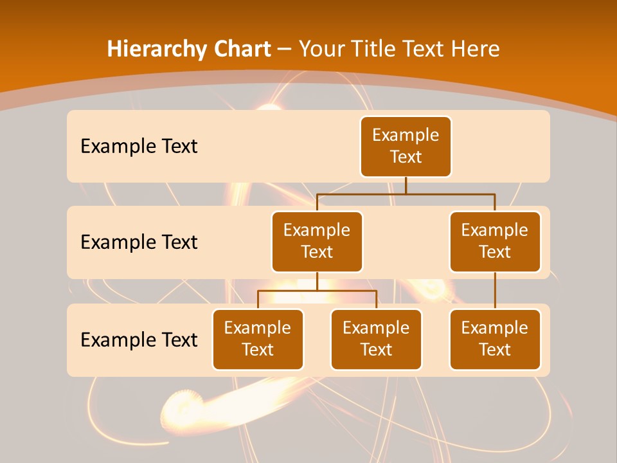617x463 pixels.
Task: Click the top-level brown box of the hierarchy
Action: [406, 146]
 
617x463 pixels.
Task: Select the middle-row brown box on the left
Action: [317, 241]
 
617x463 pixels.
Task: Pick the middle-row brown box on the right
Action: [495, 241]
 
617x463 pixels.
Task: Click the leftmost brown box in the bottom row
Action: [258, 339]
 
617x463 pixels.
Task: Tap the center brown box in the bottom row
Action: [376, 339]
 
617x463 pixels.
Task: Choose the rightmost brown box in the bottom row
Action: [495, 339]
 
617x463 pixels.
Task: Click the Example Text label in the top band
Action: [139, 146]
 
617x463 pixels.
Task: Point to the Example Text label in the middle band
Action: [139, 242]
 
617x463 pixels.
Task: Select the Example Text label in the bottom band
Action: [139, 340]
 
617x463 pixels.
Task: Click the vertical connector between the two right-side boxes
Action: [495, 290]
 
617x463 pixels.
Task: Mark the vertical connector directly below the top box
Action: [406, 185]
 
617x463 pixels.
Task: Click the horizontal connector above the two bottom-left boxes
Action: [317, 291]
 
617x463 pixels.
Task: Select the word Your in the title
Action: [322, 49]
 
